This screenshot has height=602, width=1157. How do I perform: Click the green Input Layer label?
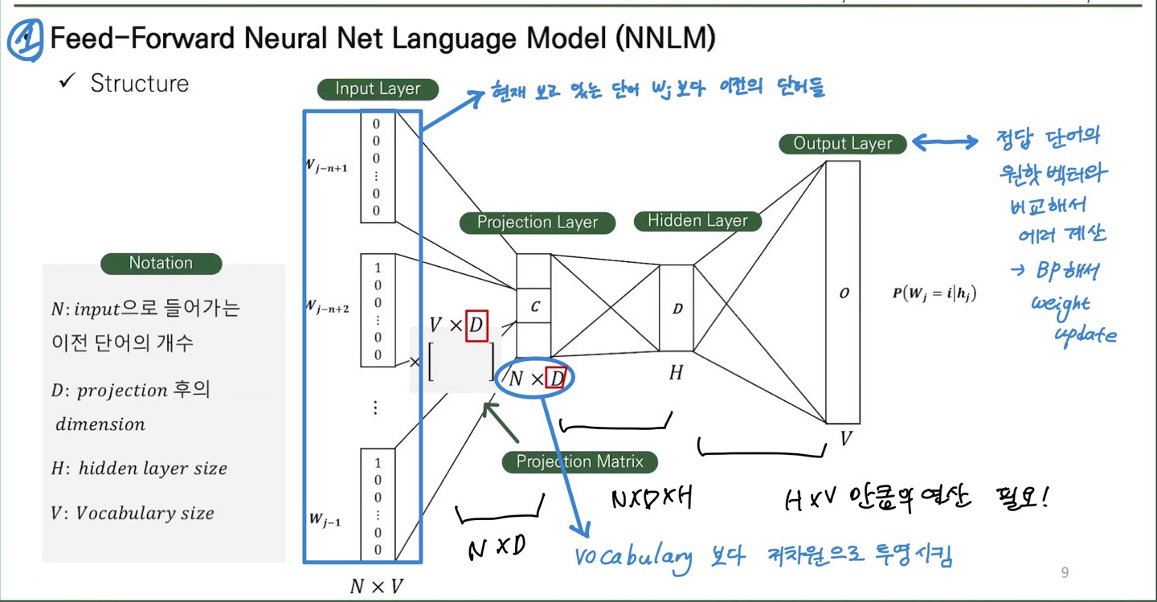pyautogui.click(x=378, y=89)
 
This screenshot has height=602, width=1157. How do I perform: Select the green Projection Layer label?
pyautogui.click(x=538, y=223)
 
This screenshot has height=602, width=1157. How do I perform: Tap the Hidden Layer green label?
pyautogui.click(x=697, y=221)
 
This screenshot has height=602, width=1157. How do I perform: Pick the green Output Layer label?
pyautogui.click(x=843, y=144)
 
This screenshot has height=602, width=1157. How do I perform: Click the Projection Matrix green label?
pyautogui.click(x=579, y=461)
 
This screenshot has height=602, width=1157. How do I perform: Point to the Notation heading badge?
pyautogui.click(x=161, y=263)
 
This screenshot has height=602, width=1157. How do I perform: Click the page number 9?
pyautogui.click(x=1065, y=572)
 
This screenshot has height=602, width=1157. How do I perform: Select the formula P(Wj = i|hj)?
pyautogui.click(x=934, y=293)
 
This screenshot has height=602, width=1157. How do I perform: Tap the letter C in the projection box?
pyautogui.click(x=534, y=305)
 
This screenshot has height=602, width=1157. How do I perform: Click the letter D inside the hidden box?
pyautogui.click(x=677, y=308)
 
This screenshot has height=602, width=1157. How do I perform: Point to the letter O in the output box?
pyautogui.click(x=844, y=294)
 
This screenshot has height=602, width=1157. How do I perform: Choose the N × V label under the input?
pyautogui.click(x=376, y=587)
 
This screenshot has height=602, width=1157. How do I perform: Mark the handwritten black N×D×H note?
pyautogui.click(x=651, y=499)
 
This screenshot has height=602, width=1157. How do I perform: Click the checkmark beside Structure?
pyautogui.click(x=67, y=82)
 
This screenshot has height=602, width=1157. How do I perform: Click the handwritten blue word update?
pyautogui.click(x=1085, y=334)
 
